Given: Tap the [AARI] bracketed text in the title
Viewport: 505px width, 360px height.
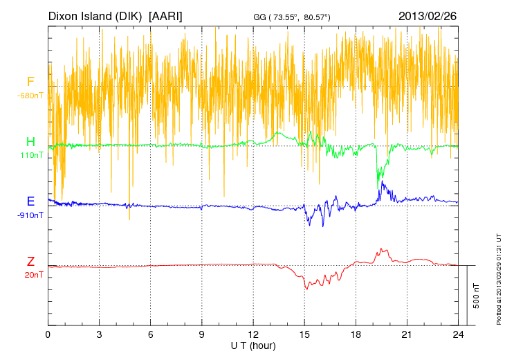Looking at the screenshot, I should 166,15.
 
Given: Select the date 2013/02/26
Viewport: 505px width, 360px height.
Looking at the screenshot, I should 427,15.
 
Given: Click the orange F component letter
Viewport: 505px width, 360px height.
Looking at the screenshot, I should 30,82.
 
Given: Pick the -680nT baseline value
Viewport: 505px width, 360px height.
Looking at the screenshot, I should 30,95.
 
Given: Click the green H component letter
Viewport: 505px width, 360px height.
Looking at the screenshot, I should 30,142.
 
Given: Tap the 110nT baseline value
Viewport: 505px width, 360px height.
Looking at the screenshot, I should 30,155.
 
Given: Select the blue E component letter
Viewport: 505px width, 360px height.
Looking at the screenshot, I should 30,201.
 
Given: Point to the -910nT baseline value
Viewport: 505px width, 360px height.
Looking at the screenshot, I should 30,215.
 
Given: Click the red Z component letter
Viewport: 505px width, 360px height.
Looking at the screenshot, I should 30,261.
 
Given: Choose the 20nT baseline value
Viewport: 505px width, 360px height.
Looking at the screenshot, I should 30,274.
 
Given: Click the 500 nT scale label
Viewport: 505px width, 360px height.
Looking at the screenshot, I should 476,296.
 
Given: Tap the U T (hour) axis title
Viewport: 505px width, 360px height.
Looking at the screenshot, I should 253,345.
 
